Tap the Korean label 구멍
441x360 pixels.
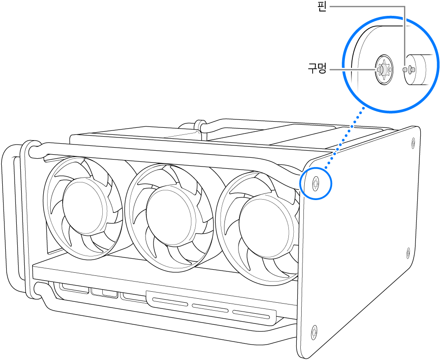coord(316,69)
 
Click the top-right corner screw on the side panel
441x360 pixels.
coord(413,142)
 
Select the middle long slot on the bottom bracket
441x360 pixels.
coord(209,308)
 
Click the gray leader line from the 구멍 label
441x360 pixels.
coord(351,70)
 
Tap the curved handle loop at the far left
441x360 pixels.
coord(10,220)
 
